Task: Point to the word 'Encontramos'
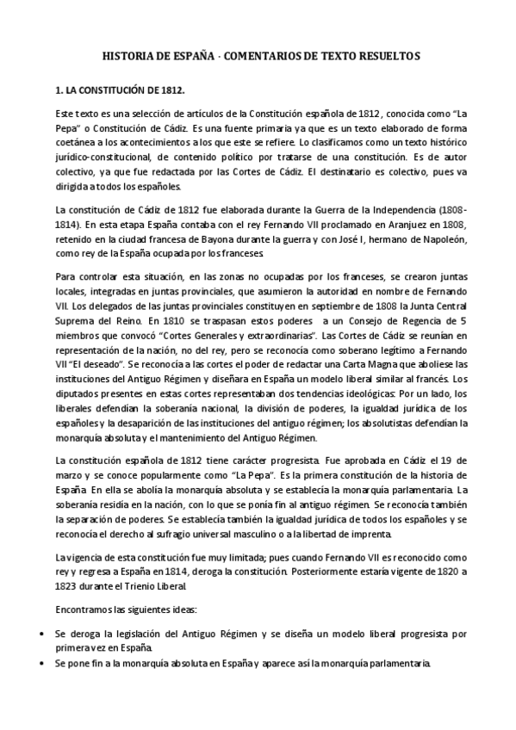coord(84,609)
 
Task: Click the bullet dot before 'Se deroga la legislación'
coord(44,633)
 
